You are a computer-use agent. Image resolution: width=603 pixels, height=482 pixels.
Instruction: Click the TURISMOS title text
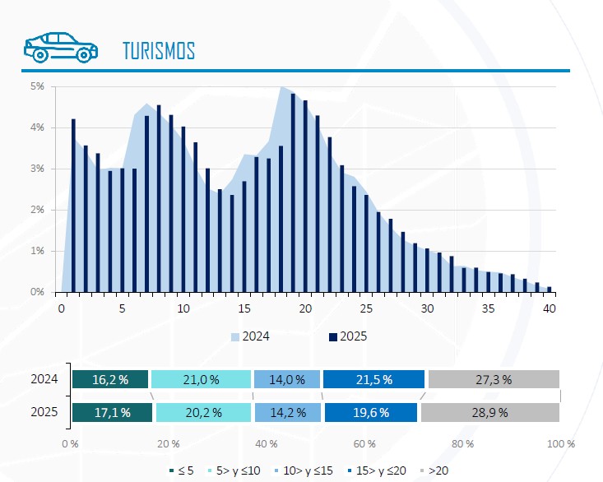[158, 50]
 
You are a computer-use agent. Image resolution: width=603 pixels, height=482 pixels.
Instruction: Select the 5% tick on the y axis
[38, 86]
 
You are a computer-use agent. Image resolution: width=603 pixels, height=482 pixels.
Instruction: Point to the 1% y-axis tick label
[38, 251]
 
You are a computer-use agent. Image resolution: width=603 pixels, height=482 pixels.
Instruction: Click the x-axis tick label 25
[366, 308]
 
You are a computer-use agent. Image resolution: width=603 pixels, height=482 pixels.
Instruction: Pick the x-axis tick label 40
[550, 308]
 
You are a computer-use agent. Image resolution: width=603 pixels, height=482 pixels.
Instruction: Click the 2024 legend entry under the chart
[251, 336]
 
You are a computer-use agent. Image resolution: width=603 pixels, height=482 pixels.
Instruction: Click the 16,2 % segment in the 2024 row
[110, 379]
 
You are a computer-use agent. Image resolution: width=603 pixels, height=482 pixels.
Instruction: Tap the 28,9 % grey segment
[494, 413]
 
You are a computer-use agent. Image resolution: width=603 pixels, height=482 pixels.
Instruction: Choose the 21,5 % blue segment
[373, 379]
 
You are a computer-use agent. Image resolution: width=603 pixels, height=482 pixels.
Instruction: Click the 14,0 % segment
[286, 379]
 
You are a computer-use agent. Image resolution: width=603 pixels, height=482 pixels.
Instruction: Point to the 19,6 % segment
[371, 413]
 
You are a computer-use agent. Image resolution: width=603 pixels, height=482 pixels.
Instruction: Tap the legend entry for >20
[436, 470]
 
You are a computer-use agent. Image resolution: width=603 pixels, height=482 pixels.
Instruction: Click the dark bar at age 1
[73, 206]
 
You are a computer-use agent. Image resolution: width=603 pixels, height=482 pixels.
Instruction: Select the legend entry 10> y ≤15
[306, 470]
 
